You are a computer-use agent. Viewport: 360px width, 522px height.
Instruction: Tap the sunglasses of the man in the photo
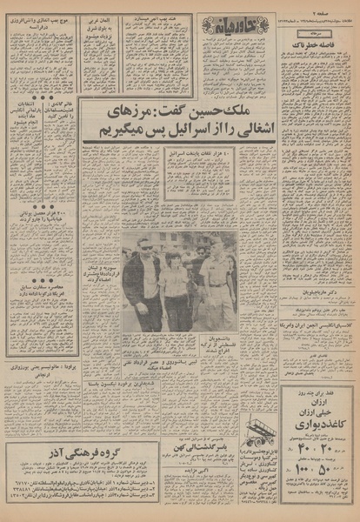[145, 248]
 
